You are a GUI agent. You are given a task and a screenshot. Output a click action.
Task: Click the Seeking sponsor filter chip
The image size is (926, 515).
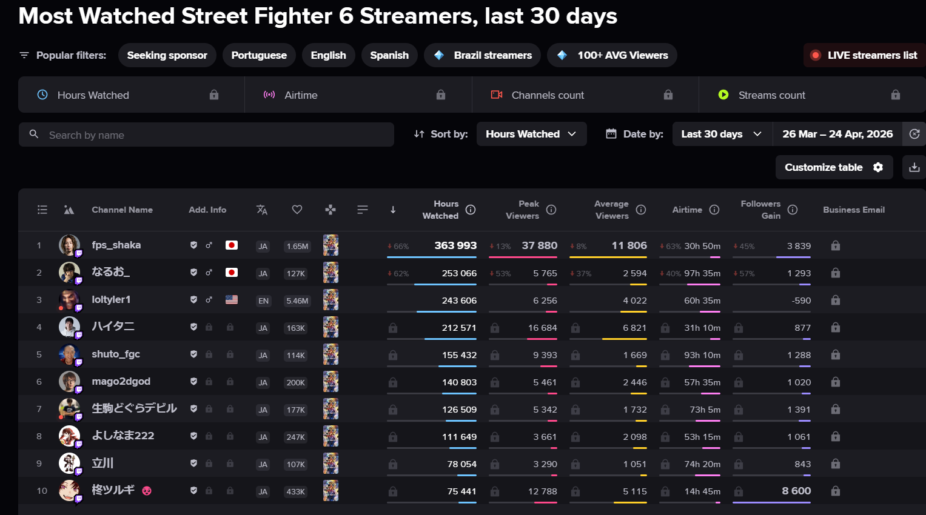(x=167, y=55)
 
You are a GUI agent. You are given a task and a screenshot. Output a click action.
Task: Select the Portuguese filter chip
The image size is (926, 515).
(x=259, y=55)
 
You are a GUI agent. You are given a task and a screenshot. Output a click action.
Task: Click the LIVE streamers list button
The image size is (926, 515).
(x=864, y=55)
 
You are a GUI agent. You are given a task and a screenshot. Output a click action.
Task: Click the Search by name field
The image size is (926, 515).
(x=206, y=135)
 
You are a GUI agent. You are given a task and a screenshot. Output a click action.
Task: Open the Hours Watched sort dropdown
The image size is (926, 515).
(x=531, y=134)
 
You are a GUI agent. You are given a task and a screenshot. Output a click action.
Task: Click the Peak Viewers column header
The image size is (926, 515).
(x=522, y=210)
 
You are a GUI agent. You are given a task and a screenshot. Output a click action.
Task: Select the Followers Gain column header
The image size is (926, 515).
(x=760, y=210)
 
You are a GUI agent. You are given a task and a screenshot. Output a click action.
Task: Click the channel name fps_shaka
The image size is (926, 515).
(x=116, y=245)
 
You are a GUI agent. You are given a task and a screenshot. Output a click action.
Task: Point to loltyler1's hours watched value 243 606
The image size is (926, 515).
(x=459, y=301)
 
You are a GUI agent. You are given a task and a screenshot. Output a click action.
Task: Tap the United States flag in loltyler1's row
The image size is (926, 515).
(x=232, y=299)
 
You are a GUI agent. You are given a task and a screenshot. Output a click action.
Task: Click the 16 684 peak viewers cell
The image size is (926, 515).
(x=542, y=328)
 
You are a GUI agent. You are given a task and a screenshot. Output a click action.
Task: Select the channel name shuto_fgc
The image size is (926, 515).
(x=116, y=354)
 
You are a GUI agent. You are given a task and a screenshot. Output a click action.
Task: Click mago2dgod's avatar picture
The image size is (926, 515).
(x=69, y=382)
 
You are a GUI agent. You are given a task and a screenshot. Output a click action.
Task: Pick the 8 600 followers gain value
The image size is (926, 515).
(x=796, y=491)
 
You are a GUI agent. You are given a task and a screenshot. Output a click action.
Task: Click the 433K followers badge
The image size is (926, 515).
(x=295, y=491)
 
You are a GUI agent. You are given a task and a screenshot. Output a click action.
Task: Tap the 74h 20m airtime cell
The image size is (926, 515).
(x=702, y=464)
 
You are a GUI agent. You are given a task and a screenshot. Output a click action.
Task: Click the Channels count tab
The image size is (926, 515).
(x=548, y=95)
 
